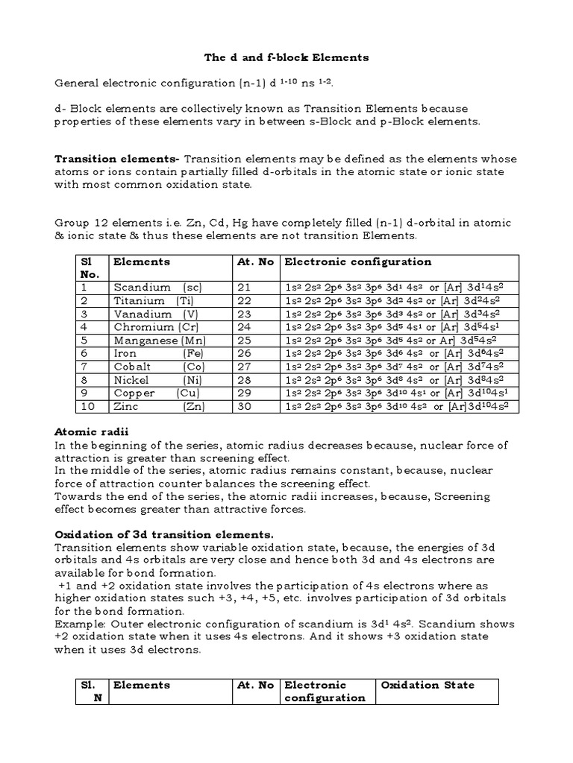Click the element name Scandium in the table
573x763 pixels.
[x=139, y=287]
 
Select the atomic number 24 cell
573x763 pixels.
[x=245, y=327]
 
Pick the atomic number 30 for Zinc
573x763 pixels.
[x=245, y=407]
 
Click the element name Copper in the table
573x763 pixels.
[x=134, y=393]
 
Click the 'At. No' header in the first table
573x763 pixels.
[x=254, y=262]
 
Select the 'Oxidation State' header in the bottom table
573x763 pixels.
[x=428, y=685]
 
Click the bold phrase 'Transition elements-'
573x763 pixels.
[x=118, y=159]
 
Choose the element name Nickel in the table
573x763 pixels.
[x=131, y=380]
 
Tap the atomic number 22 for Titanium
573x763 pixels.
[x=245, y=300]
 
